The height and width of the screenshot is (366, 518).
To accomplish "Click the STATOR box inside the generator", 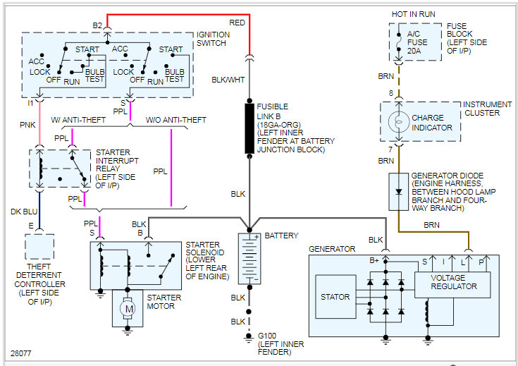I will tap(335, 297).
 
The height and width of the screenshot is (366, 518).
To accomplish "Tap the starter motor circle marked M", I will tap(128, 308).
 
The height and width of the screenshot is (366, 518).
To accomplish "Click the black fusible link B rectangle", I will tap(249, 128).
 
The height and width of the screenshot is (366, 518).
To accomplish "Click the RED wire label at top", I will tap(238, 23).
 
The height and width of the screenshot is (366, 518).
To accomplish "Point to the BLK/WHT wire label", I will tap(228, 80).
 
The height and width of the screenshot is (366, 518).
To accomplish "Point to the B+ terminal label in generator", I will tap(376, 261).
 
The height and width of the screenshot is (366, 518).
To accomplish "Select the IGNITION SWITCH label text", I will tap(211, 38).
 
